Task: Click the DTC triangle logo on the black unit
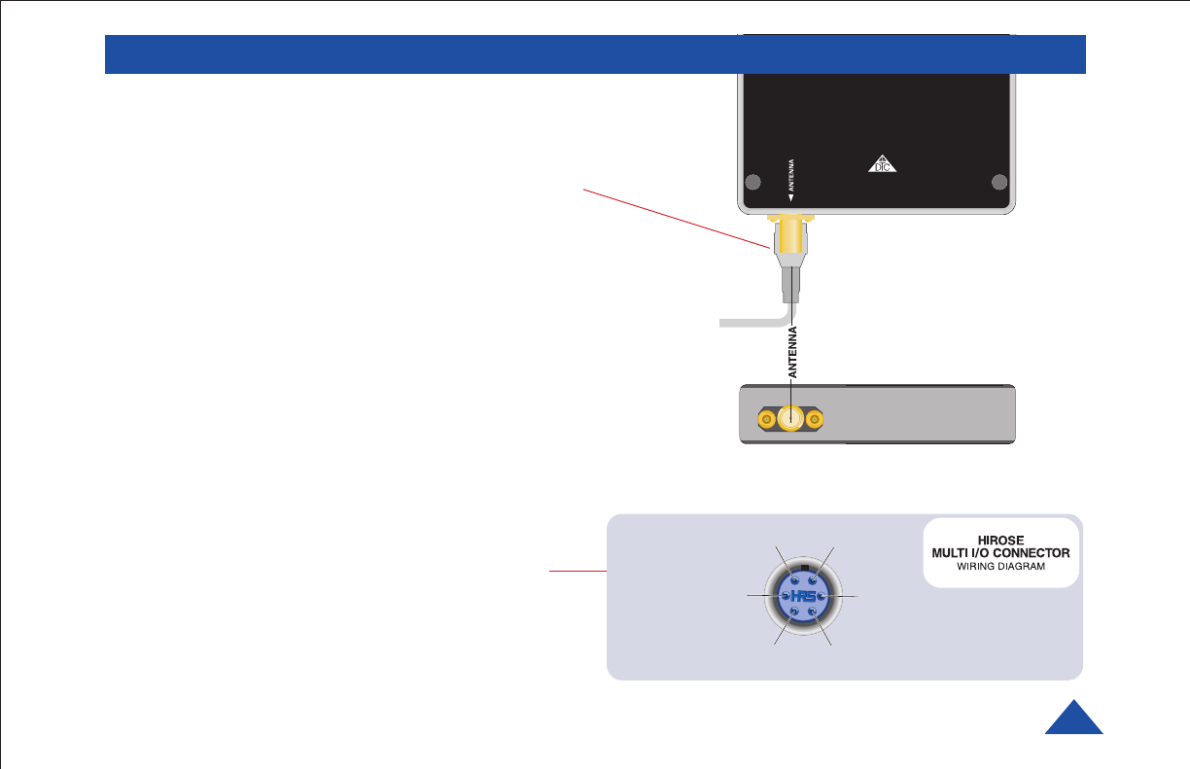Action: [x=881, y=164]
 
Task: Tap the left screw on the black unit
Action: [x=752, y=181]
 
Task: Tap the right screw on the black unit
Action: [x=997, y=181]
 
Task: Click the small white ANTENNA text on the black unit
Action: [x=791, y=179]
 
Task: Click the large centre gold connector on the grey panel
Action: [x=791, y=419]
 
